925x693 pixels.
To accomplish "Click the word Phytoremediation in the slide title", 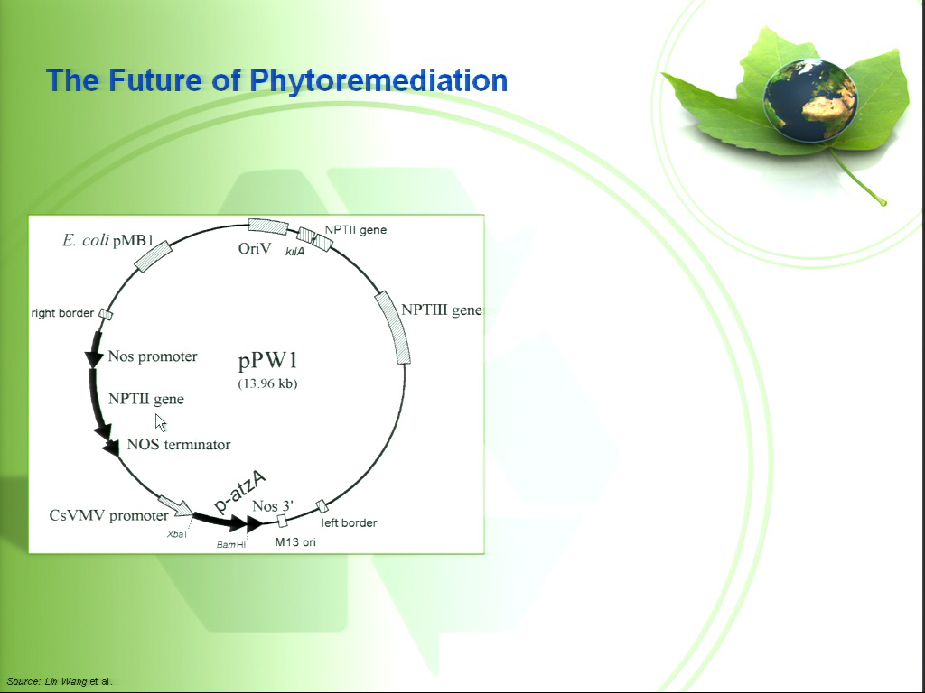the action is pos(378,80).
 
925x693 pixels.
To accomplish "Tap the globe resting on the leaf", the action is pos(810,100).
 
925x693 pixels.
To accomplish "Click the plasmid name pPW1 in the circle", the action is pos(267,361).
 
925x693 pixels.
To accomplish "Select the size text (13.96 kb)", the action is pos(267,383).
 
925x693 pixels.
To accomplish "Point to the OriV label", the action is pos(255,249).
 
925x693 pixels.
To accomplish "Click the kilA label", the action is pos(295,252).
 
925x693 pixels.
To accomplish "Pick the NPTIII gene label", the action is pos(441,310).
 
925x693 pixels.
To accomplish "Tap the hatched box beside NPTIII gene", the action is pos(393,328).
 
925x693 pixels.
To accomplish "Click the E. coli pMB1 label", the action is pos(108,240).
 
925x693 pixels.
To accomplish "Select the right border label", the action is pos(62,313).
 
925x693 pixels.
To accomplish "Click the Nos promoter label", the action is pos(153,356).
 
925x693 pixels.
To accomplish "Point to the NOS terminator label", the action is pos(179,444).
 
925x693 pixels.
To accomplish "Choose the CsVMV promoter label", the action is pos(109,515).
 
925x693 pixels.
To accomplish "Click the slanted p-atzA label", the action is pos(239,492).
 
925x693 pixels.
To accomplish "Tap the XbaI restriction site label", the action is pos(177,534).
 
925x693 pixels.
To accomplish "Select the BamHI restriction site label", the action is pos(231,544).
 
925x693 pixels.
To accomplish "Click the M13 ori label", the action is pos(295,541).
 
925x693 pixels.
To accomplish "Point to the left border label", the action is pos(350,522).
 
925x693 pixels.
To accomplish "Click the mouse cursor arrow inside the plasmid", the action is pos(161,422).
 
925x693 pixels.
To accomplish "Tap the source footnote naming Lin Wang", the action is pos(60,681).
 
